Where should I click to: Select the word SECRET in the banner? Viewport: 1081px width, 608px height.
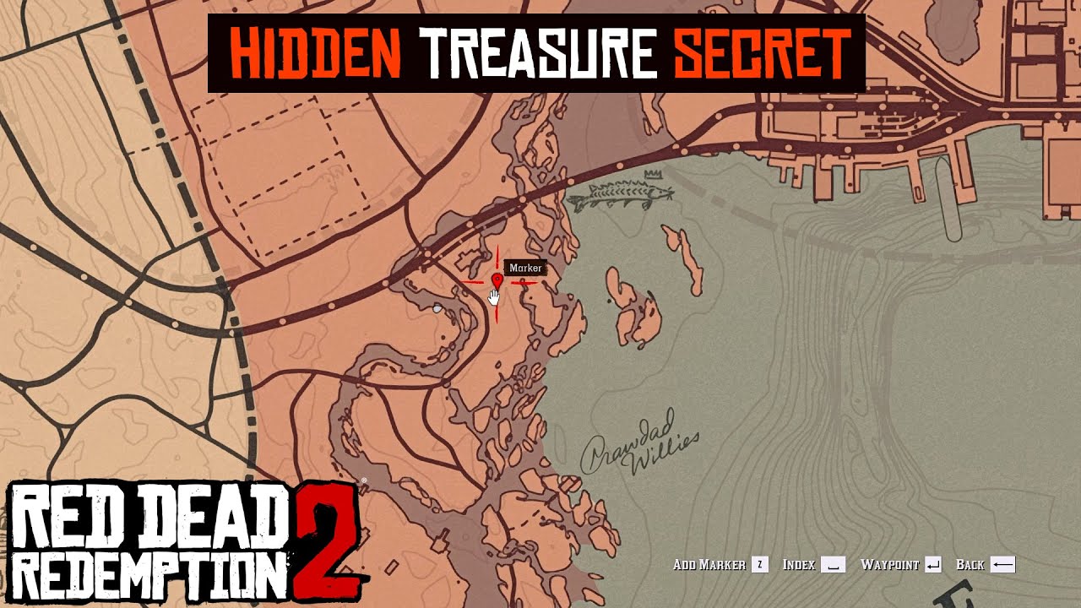761,53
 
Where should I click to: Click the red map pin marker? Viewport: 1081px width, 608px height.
497,280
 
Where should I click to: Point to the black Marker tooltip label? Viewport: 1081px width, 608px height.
525,269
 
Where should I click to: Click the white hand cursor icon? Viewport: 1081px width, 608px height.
495,296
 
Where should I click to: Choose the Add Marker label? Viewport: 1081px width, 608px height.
709,565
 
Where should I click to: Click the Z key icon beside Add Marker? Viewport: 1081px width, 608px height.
760,565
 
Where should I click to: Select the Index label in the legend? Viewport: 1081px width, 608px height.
798,565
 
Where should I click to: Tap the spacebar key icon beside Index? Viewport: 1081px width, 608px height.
833,565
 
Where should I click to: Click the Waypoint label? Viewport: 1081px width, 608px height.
889,565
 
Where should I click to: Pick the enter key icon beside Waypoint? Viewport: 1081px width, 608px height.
933,565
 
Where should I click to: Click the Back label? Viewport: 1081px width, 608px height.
970,565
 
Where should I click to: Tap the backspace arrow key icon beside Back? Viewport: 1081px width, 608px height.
1002,565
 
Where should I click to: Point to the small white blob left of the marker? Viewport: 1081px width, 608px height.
437,310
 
